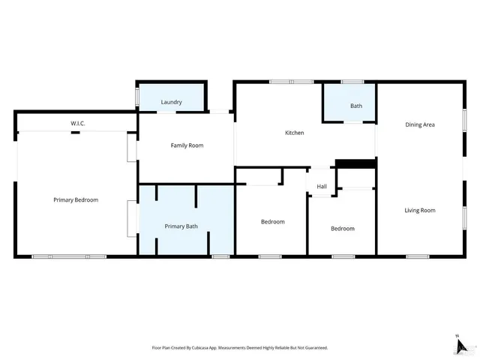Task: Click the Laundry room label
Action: point(171,102)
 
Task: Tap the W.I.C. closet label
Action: point(78,122)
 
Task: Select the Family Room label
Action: point(187,145)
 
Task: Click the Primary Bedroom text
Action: point(76,200)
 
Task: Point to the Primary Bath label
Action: point(181,226)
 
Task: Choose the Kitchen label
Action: point(294,133)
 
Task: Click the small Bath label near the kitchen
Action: point(355,106)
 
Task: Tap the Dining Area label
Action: point(420,124)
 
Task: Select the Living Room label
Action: point(420,211)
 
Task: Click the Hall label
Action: point(321,187)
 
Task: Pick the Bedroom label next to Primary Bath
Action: point(272,222)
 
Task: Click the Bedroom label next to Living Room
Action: point(343,229)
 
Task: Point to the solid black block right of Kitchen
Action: point(355,163)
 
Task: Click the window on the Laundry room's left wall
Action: point(136,97)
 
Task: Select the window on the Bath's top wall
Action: point(352,82)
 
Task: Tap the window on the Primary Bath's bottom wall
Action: point(220,257)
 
